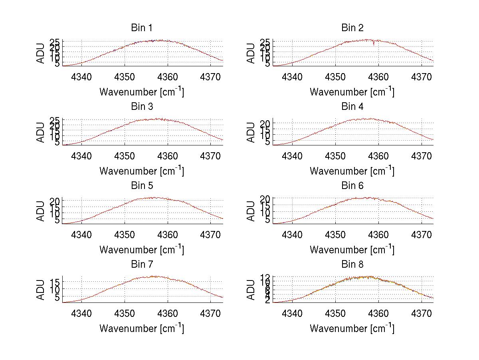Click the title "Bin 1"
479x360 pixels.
pos(142,28)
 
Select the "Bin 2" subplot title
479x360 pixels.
pos(352,28)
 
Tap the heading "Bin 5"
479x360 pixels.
pos(142,186)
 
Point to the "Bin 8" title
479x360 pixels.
pos(352,265)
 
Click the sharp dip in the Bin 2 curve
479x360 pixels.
pos(374,44)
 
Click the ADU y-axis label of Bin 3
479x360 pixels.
pos(41,132)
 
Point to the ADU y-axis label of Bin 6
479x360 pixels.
pos(251,211)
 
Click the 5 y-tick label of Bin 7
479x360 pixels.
pos(57,297)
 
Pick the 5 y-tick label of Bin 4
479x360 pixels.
pos(268,141)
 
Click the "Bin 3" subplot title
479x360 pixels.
pos(142,107)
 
